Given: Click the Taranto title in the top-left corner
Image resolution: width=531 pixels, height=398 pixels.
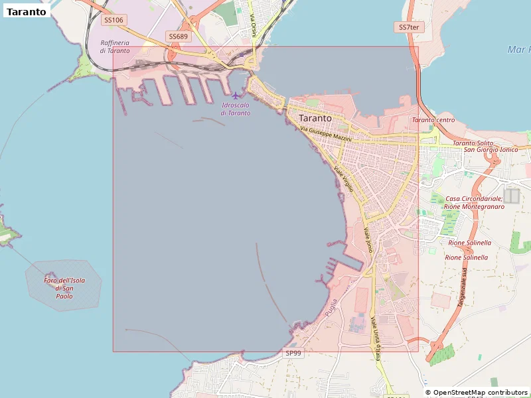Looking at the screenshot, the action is coord(27,11).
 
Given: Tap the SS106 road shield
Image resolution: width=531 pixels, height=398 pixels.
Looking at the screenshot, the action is coord(114,20).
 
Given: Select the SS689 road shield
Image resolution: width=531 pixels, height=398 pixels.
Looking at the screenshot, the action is coord(178,36).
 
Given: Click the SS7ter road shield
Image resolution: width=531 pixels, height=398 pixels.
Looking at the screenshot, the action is coord(409,27).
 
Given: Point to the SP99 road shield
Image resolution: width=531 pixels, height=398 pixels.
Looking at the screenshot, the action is coord(293,354).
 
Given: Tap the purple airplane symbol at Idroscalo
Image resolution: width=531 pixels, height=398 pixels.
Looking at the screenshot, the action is coord(237,96).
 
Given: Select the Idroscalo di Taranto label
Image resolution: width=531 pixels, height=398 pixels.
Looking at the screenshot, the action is coord(236,109).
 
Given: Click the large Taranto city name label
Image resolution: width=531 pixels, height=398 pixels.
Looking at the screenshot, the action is coord(315,118).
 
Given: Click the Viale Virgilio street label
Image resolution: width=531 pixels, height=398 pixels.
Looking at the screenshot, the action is coord(344,179).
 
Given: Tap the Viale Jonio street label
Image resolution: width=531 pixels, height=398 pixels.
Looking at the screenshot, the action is coord(368,240).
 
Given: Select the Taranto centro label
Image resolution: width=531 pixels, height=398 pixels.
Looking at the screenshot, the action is coord(433,120).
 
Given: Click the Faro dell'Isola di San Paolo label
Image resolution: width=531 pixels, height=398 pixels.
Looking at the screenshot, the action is coord(64,288).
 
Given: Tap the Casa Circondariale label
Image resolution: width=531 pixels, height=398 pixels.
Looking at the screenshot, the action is coord(474,198).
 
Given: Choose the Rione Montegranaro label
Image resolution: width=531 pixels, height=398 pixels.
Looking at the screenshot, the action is coord(474,206).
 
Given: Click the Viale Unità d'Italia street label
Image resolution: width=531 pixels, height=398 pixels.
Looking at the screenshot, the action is coord(375,338).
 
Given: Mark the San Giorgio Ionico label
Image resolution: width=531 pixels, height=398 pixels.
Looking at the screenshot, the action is coord(491,150).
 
